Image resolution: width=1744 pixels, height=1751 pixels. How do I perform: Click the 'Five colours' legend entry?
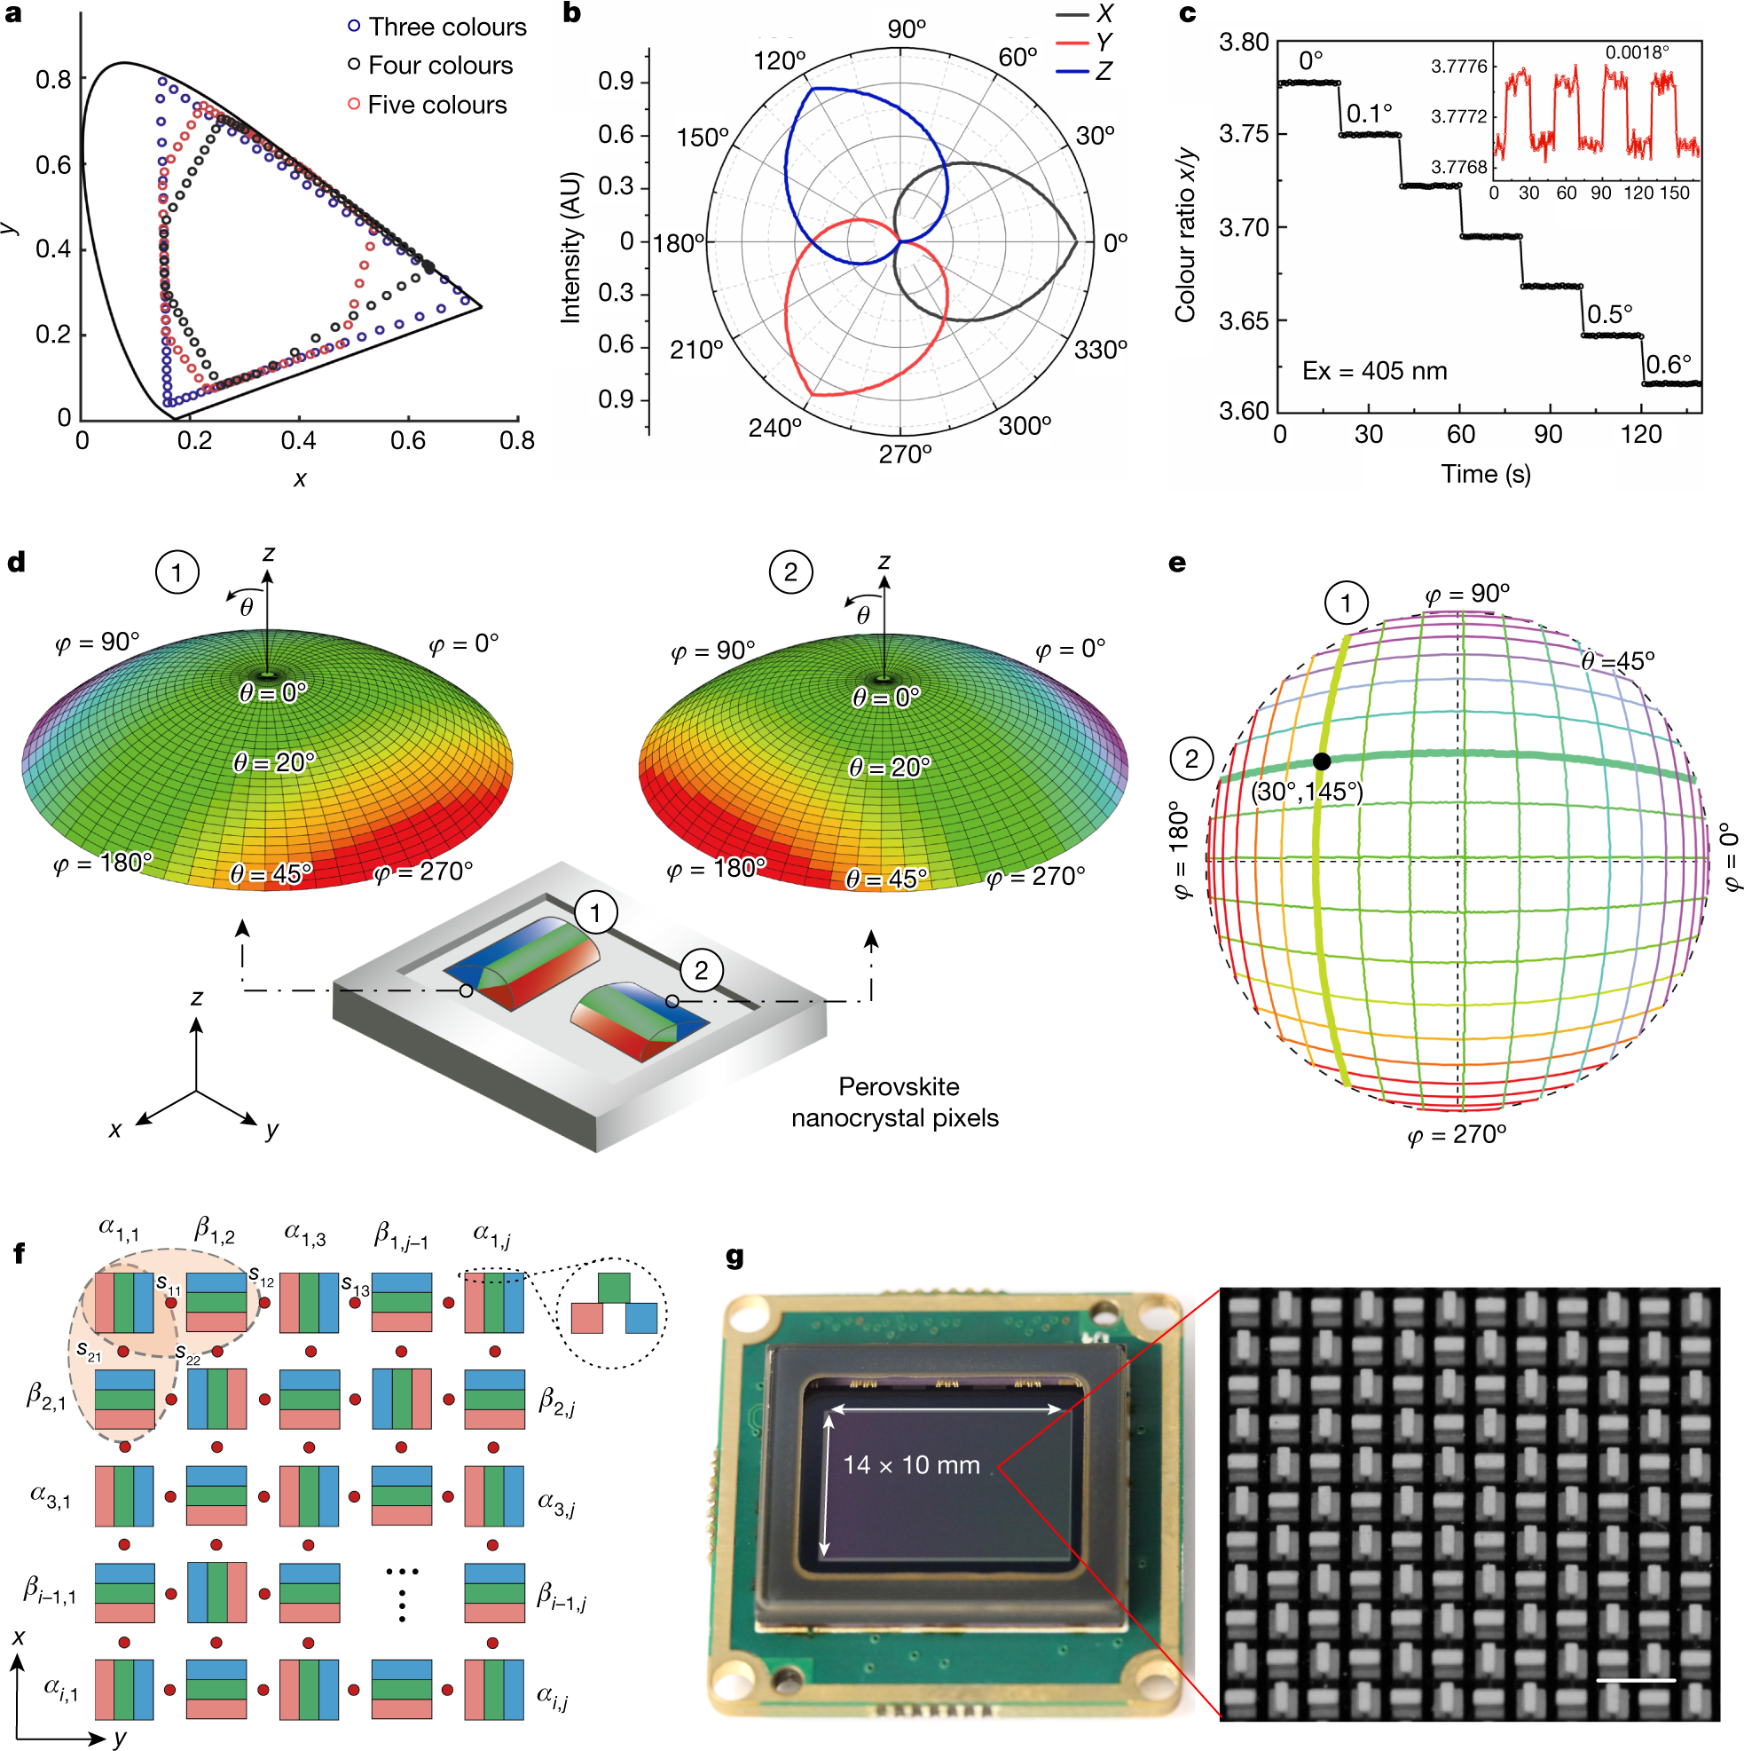coord(436,105)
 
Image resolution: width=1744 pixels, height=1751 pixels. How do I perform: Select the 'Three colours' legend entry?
coord(447,28)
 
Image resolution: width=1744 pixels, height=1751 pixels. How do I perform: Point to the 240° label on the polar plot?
coord(774,427)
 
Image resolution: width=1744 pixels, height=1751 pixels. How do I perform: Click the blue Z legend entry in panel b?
coord(1103,71)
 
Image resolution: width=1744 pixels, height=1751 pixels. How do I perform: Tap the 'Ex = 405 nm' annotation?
coord(1374,371)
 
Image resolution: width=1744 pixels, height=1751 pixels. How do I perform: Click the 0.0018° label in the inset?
coord(1637,52)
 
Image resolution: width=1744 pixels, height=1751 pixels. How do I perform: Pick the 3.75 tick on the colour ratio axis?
coord(1243,134)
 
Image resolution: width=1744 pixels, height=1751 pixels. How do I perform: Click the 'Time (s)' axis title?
coord(1486,474)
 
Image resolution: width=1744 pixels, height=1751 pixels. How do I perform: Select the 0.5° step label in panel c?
coord(1610,314)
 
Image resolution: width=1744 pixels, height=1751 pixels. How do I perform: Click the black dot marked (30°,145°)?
coord(1322,761)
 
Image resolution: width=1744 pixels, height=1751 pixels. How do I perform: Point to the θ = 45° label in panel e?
coord(1618,661)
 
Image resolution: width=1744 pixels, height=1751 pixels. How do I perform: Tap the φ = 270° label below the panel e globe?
coord(1457,1135)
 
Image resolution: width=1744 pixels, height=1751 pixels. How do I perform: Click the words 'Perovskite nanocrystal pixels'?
coord(894,1102)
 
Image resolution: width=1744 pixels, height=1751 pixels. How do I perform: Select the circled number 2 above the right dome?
coord(790,572)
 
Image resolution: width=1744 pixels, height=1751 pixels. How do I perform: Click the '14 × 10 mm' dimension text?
coord(911,1464)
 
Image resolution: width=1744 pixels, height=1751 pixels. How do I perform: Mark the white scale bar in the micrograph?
coord(1635,1680)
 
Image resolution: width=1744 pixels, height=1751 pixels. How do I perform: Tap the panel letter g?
coord(735,1257)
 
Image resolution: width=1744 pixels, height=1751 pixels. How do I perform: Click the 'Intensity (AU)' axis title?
coord(570,248)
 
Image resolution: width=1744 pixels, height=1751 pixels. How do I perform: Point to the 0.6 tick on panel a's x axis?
coord(408,440)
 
